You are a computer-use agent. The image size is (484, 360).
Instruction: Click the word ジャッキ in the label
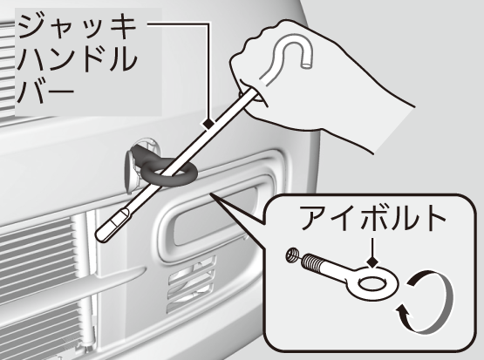pos(77,27)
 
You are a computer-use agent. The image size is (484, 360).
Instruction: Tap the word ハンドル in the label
pos(77,58)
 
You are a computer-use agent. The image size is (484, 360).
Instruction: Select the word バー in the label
pos(45,91)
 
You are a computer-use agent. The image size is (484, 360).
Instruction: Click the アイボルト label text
pos(373,218)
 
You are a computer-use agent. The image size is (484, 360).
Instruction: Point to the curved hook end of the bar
pos(290,50)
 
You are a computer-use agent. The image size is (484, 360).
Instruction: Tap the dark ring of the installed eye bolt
pos(169,173)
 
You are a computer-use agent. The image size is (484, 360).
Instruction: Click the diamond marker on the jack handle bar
pos(208,124)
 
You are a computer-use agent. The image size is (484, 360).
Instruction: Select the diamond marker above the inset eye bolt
pos(373,262)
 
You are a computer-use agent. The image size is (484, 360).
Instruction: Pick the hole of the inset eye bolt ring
pos(373,284)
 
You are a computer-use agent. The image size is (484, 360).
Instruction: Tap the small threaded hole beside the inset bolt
pos(291,255)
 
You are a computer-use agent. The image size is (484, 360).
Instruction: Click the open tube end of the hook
pos(307,65)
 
